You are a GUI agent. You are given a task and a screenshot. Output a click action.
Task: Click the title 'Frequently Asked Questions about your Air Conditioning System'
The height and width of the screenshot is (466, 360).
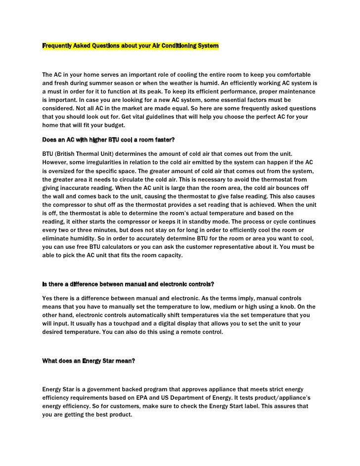click(130, 46)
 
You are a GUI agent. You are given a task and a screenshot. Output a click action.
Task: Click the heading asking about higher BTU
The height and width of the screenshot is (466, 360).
click(108, 140)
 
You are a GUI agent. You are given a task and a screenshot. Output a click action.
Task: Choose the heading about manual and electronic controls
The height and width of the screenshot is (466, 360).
click(128, 284)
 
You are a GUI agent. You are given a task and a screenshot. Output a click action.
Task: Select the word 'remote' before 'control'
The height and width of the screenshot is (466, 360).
click(192, 332)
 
